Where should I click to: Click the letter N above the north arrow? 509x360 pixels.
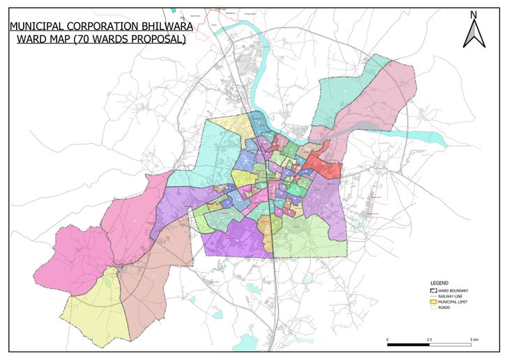pyautogui.click(x=473, y=14)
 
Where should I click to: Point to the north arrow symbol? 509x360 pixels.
pyautogui.click(x=473, y=33)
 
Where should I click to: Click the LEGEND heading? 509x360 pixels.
pyautogui.click(x=439, y=283)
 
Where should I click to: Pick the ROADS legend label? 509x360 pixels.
pyautogui.click(x=444, y=308)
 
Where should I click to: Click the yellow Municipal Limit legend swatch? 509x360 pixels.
pyautogui.click(x=433, y=302)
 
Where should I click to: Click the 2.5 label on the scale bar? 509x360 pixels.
pyautogui.click(x=430, y=339)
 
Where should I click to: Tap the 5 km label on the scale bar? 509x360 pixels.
pyautogui.click(x=473, y=339)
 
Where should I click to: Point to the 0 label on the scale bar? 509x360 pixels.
pyautogui.click(x=387, y=339)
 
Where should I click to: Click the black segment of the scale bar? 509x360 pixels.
pyautogui.click(x=408, y=345)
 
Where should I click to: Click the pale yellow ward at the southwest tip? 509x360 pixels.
pyautogui.click(x=94, y=310)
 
